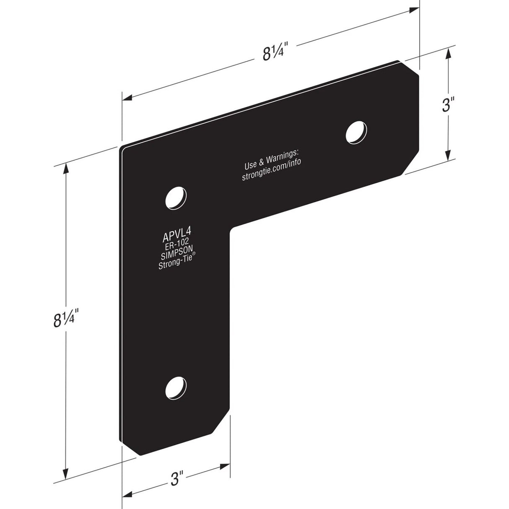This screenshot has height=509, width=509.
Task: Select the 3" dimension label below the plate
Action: click(177, 478)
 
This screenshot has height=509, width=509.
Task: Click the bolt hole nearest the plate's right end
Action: click(356, 132)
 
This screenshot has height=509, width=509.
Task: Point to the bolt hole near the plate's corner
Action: click(175, 197)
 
